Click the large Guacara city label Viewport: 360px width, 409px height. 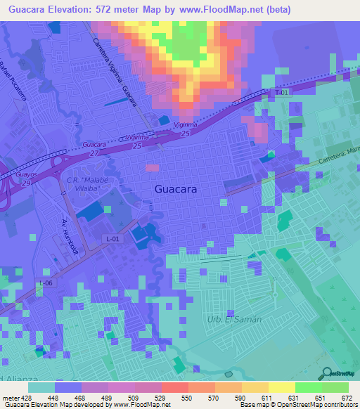point(176,190)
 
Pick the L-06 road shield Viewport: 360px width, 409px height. point(46,283)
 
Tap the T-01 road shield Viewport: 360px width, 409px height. point(282,92)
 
